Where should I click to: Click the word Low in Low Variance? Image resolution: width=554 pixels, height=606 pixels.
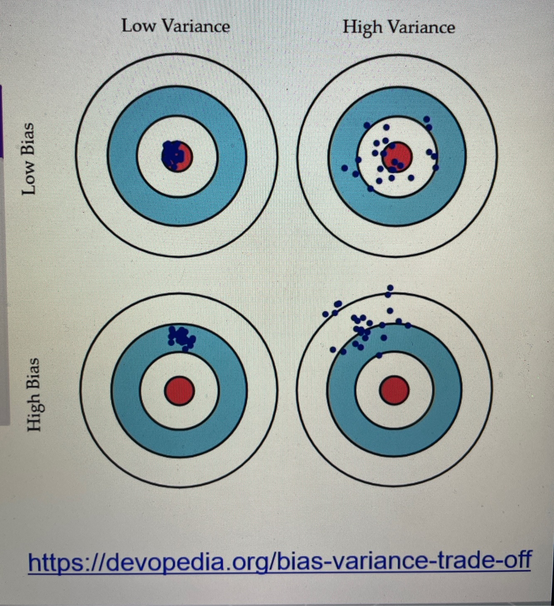(139, 26)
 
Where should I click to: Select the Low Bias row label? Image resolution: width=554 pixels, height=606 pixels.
(28, 159)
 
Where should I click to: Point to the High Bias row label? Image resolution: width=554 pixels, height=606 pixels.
(33, 394)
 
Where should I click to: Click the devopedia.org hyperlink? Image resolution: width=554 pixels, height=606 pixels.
(279, 561)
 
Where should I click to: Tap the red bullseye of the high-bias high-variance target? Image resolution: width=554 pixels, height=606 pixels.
(395, 390)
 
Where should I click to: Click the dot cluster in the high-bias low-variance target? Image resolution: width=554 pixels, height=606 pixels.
(181, 337)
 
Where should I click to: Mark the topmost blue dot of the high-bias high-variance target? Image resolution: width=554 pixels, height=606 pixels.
(390, 288)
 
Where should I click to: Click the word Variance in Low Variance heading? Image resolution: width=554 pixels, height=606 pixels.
(195, 26)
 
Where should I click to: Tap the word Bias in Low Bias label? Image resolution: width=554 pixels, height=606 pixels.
(28, 135)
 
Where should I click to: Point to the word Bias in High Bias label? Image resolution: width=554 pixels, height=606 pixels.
(33, 372)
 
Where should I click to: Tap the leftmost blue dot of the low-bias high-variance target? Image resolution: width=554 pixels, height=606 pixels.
(344, 168)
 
